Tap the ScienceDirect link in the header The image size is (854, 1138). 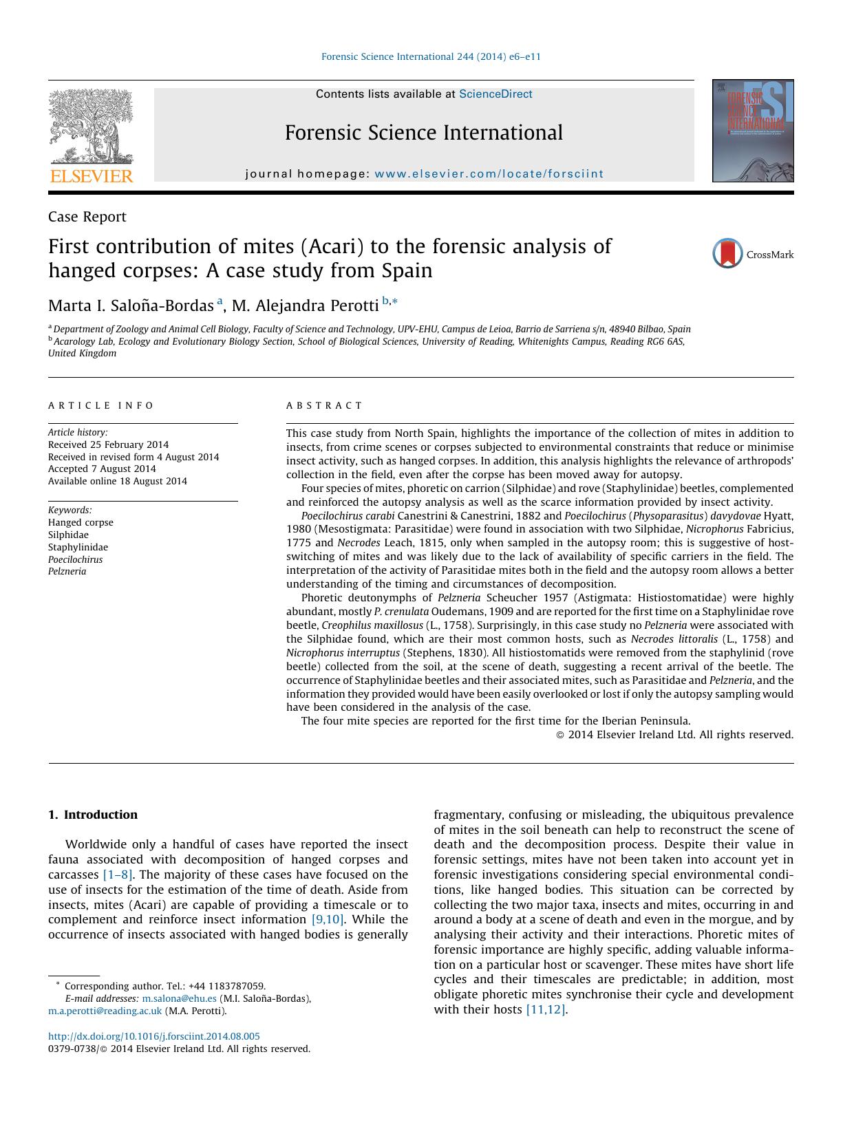(495, 94)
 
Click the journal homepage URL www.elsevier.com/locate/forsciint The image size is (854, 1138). (489, 174)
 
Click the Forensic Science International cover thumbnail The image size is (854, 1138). (753, 131)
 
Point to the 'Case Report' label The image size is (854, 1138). (87, 217)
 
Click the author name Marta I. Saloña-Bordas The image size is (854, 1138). (131, 305)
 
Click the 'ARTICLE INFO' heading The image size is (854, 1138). (101, 406)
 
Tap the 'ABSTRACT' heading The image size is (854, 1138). (324, 406)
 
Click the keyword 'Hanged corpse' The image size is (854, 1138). (81, 522)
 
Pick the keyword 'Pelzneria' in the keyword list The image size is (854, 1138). (67, 572)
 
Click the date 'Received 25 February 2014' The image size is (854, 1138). (108, 444)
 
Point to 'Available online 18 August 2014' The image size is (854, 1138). (117, 482)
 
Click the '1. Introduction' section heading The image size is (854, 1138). (93, 815)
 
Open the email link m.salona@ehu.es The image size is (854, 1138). (179, 998)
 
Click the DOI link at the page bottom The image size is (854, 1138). (154, 1036)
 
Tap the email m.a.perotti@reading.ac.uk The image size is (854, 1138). (105, 1011)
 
